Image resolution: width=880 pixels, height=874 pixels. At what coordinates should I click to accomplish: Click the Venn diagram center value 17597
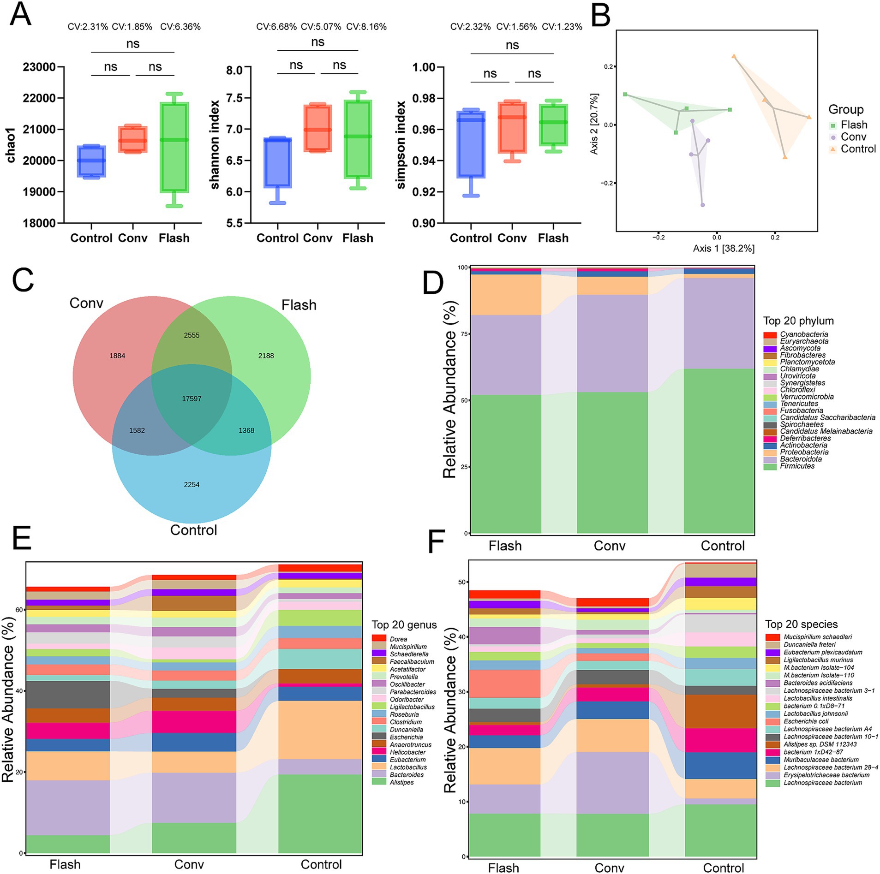(192, 398)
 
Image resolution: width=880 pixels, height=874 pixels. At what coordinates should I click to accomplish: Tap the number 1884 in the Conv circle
(117, 356)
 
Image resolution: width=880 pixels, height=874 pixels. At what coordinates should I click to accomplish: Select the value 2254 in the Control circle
(192, 484)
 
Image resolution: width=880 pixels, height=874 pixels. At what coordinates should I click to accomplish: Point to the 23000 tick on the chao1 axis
(39, 67)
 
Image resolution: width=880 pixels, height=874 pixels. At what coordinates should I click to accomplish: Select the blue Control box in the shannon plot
(277, 162)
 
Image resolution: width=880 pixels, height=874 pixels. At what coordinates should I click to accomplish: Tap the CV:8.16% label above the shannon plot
(366, 27)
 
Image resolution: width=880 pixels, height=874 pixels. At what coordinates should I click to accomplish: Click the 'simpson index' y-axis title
(401, 145)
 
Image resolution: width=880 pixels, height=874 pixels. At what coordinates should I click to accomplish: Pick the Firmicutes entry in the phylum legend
(797, 466)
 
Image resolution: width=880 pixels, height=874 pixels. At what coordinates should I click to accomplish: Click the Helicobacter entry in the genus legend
(407, 752)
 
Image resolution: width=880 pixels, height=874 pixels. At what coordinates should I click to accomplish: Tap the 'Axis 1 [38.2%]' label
(724, 249)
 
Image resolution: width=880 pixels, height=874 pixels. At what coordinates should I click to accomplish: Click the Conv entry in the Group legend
(853, 137)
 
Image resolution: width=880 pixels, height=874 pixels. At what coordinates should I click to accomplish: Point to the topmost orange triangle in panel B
(733, 57)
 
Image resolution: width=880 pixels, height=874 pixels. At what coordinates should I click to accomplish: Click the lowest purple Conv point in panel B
(702, 205)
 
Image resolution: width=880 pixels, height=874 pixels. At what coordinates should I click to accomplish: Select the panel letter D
(433, 283)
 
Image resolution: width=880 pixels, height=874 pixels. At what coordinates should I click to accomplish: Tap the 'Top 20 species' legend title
(801, 624)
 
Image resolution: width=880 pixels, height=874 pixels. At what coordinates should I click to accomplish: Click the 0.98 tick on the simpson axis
(424, 98)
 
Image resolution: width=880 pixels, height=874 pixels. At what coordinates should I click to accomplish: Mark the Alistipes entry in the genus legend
(401, 782)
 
